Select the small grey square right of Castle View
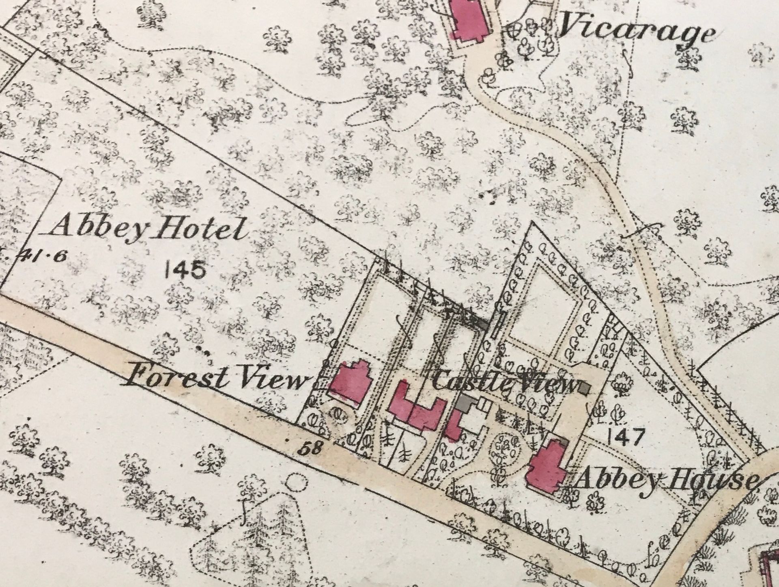(x=585, y=388)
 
